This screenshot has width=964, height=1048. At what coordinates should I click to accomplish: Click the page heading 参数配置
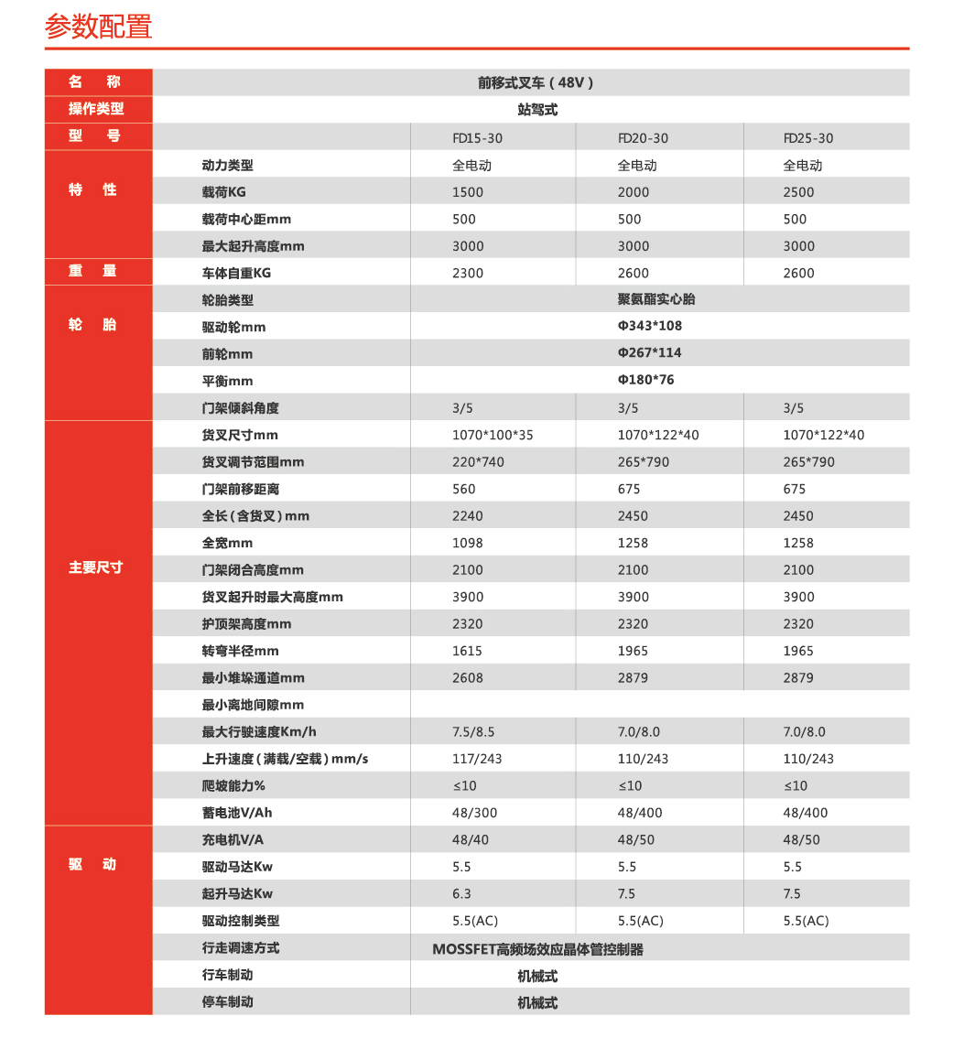(x=99, y=26)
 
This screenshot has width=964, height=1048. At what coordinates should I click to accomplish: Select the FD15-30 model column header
(x=477, y=138)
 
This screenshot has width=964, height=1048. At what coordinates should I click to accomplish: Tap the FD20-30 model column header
(x=643, y=138)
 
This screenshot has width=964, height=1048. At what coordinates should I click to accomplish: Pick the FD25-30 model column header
(x=808, y=138)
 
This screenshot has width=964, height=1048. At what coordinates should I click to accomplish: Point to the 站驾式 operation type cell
(x=537, y=109)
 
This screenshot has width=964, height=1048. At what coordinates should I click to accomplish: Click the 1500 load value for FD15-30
(x=468, y=192)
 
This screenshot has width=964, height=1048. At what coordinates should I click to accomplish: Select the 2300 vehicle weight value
(x=468, y=273)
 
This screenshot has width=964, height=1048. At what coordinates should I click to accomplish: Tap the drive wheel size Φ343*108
(x=650, y=326)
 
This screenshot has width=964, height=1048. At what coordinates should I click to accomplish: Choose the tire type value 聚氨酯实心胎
(x=656, y=299)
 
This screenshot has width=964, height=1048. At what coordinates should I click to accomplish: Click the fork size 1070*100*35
(x=493, y=435)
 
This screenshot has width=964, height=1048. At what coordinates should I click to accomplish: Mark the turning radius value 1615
(x=468, y=651)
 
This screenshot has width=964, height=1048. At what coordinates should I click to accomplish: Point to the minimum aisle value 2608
(x=468, y=678)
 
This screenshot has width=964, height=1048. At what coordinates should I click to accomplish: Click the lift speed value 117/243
(x=477, y=759)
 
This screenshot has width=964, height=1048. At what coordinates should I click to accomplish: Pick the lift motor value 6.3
(x=461, y=893)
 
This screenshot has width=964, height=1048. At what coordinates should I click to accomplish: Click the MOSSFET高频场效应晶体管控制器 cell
(x=537, y=949)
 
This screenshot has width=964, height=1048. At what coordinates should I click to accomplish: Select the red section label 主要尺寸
(x=96, y=567)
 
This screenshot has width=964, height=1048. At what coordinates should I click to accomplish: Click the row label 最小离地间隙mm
(x=253, y=705)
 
